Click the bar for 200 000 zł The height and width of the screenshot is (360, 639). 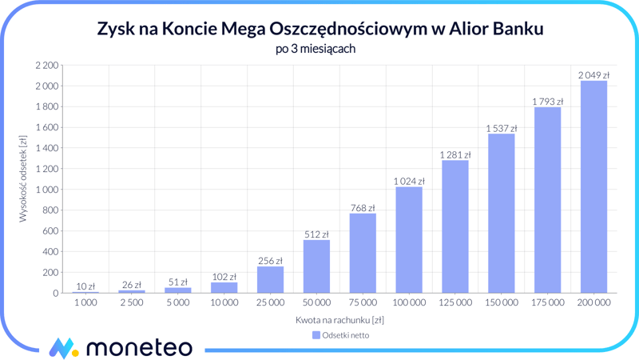click(x=593, y=187)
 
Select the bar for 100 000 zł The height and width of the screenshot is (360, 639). click(x=409, y=240)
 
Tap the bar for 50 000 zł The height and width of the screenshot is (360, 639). click(x=316, y=266)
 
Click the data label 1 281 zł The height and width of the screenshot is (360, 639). click(x=455, y=155)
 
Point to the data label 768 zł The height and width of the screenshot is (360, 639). click(x=363, y=208)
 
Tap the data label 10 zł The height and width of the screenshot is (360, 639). click(x=85, y=286)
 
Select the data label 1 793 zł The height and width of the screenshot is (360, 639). click(x=548, y=102)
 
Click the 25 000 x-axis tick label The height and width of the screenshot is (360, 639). click(x=271, y=303)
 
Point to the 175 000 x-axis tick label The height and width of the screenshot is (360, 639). click(x=548, y=303)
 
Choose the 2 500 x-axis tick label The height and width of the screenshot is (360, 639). click(x=132, y=303)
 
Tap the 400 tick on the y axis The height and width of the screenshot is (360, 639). click(x=51, y=252)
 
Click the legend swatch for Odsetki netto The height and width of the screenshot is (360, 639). click(x=316, y=335)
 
